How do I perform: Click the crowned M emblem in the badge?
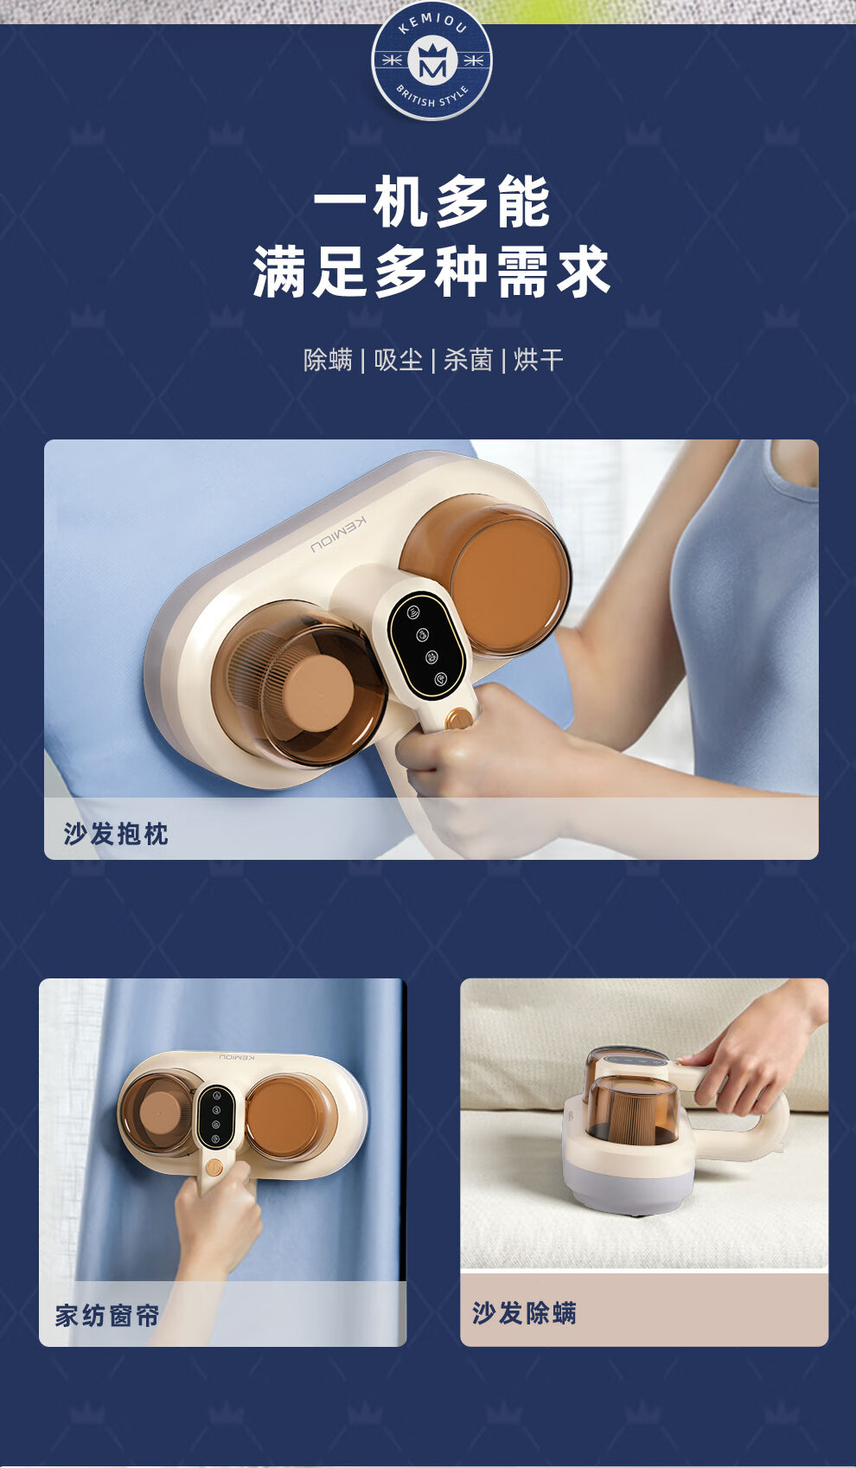pyautogui.click(x=431, y=62)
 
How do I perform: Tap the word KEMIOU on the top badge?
pyautogui.click(x=431, y=22)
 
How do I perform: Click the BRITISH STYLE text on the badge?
pyautogui.click(x=432, y=99)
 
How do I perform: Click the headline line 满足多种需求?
pyautogui.click(x=431, y=272)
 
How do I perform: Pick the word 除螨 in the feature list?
pyautogui.click(x=328, y=360)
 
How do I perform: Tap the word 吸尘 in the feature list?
pyautogui.click(x=399, y=360)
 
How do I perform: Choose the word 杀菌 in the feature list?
pyautogui.click(x=468, y=360)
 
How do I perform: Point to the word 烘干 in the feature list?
pyautogui.click(x=539, y=360)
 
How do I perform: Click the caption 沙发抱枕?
pyautogui.click(x=116, y=834)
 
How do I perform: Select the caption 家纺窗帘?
pyautogui.click(x=107, y=1315)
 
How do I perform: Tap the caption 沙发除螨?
pyautogui.click(x=525, y=1312)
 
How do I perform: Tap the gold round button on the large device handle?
pyautogui.click(x=458, y=719)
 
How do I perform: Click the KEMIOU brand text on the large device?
pyautogui.click(x=339, y=535)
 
